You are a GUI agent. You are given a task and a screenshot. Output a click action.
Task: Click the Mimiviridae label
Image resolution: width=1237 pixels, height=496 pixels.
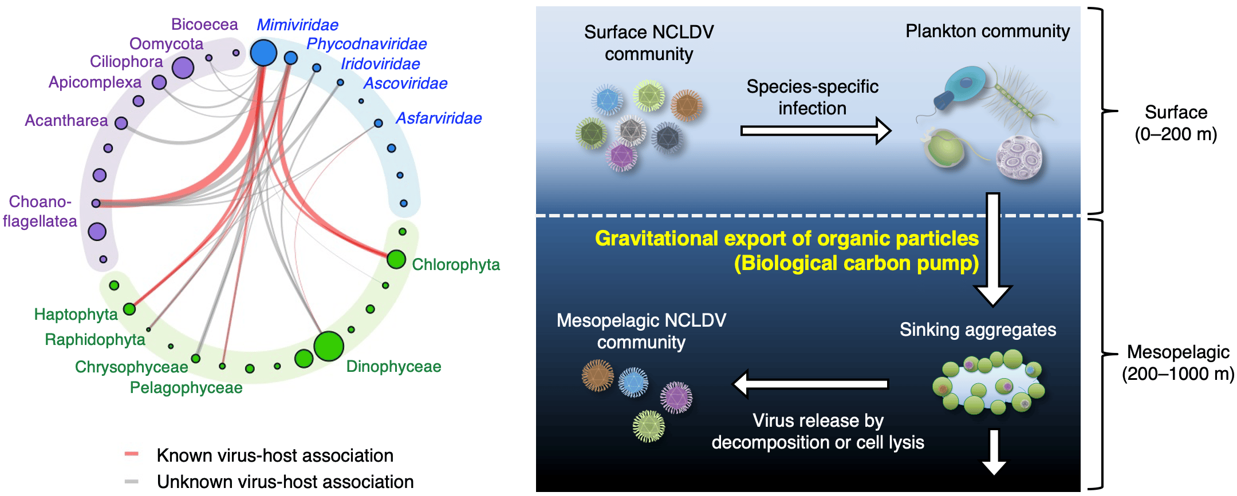[297, 25]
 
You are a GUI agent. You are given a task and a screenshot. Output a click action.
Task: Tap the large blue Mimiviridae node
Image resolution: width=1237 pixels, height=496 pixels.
[263, 53]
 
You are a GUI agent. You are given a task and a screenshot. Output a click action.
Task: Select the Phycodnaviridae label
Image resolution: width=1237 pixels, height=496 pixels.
[367, 44]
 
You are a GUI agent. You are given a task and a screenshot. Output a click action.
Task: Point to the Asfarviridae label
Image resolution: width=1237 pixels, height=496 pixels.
[439, 118]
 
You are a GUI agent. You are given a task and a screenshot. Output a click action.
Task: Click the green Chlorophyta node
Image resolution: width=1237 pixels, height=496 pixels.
[396, 259]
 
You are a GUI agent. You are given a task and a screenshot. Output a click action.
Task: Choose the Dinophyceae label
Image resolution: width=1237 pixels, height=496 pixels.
[393, 367]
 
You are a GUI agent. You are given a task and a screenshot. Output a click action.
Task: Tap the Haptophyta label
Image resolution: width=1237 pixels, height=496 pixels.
[76, 315]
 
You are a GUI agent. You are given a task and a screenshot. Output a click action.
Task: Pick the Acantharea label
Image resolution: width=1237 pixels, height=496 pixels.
[66, 121]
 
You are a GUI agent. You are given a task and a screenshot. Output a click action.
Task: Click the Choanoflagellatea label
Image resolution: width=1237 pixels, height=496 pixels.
[40, 211]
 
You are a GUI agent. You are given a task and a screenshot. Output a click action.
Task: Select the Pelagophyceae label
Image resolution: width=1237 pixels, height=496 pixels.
[186, 388]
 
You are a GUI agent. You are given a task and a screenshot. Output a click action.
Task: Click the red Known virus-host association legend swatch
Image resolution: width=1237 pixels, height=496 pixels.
[132, 454]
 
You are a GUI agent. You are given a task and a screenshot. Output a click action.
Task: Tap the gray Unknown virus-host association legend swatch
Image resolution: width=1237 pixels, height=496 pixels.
[132, 482]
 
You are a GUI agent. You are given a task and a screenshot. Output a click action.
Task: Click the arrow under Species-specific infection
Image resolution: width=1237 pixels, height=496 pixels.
[816, 131]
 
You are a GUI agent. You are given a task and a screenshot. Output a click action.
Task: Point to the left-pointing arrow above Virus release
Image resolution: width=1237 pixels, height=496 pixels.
[811, 384]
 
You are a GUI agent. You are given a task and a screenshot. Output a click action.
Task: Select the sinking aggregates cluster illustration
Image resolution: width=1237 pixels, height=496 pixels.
[989, 382]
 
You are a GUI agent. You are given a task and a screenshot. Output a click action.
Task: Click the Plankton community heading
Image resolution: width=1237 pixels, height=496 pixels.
[987, 31]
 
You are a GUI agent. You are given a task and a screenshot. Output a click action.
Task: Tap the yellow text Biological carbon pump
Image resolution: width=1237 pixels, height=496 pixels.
[857, 263]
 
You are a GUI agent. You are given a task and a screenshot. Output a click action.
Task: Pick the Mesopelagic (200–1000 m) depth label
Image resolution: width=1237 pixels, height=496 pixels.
[1178, 363]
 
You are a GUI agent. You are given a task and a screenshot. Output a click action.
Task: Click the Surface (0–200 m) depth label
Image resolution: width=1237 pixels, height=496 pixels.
[1176, 123]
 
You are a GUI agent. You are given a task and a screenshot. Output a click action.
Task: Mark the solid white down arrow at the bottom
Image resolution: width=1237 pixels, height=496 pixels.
[994, 452]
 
